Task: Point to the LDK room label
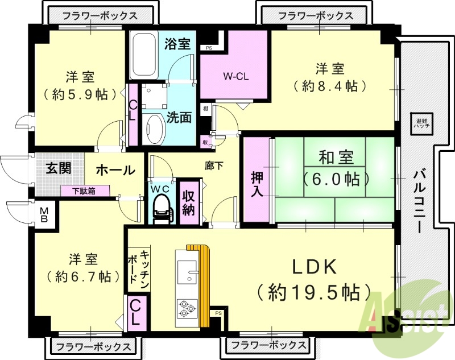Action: pyautogui.click(x=316, y=267)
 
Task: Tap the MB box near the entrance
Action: pyautogui.click(x=44, y=214)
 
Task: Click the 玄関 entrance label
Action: pyautogui.click(x=59, y=169)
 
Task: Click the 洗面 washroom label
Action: pyautogui.click(x=179, y=118)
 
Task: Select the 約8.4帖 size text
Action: pyautogui.click(x=330, y=86)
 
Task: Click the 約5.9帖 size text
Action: pyautogui.click(x=80, y=93)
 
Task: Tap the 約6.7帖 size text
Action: pyautogui.click(x=80, y=276)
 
